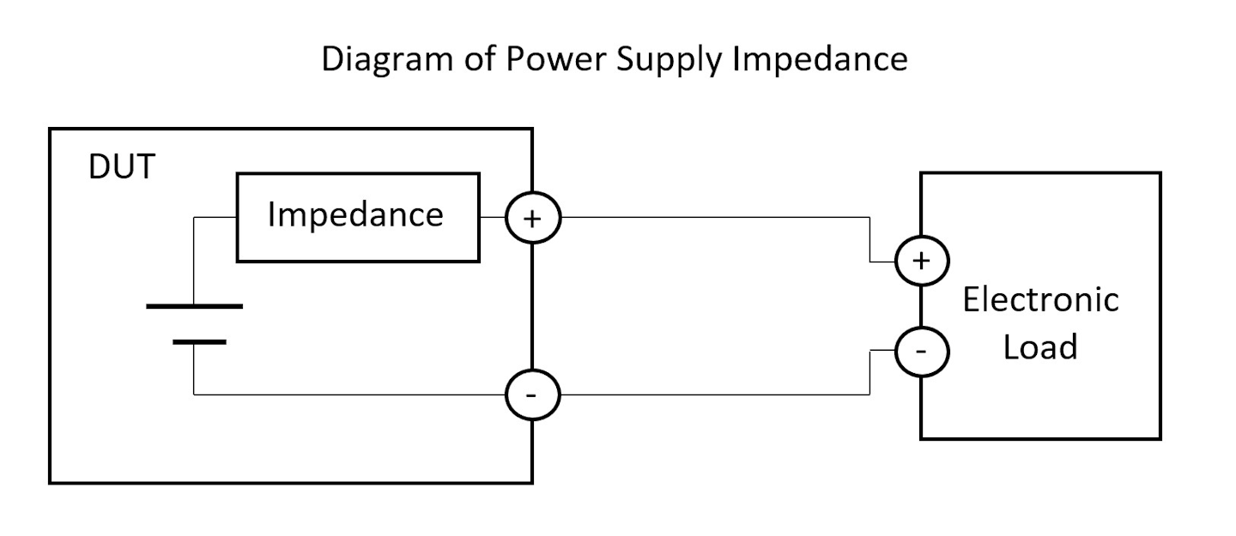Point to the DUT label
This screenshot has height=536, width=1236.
tap(121, 168)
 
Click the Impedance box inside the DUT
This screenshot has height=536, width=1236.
tap(357, 216)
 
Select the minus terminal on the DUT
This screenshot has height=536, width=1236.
tap(533, 394)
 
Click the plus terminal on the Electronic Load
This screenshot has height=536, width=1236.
tap(922, 260)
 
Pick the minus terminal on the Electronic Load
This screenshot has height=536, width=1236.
tap(922, 352)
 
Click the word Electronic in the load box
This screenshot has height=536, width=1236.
tap(1040, 300)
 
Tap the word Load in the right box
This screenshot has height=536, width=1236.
tap(1040, 347)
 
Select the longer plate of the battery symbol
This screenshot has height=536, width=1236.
tap(195, 305)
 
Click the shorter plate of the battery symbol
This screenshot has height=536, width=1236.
tap(199, 341)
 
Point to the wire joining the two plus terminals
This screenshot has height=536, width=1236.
tap(712, 217)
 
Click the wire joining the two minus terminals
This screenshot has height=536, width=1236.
tap(712, 394)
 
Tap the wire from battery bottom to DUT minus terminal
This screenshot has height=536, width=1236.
tap(343, 394)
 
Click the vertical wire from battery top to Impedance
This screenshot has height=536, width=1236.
tap(194, 257)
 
